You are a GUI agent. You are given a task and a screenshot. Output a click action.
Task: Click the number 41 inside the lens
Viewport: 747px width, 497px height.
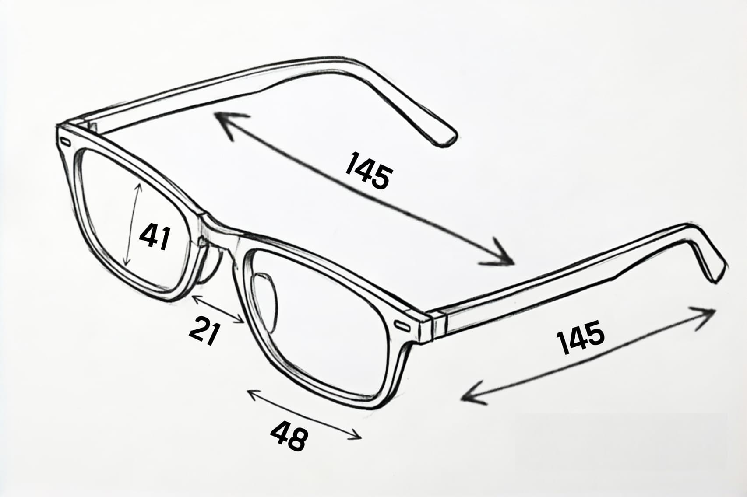coord(155,237)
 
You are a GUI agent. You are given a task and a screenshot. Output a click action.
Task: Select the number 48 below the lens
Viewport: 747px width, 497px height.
coord(289,435)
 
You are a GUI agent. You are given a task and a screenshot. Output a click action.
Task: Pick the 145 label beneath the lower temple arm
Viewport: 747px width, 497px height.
coord(581,337)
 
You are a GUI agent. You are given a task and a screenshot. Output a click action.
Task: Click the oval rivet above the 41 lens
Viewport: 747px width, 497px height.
coord(65,142)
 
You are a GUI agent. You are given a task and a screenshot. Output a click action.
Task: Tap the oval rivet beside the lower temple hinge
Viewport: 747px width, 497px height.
coord(402,325)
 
